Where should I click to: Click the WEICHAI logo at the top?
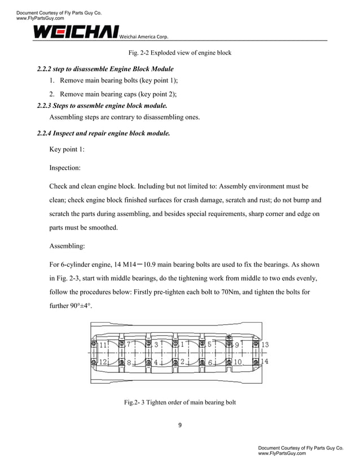[76, 32]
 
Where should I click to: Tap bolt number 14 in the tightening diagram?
[265, 361]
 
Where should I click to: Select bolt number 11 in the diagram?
[103, 345]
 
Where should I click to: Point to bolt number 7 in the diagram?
[129, 344]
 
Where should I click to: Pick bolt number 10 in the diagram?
[238, 362]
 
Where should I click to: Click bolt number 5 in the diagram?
[209, 344]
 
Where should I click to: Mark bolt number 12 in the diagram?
[103, 362]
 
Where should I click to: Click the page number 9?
[180, 425]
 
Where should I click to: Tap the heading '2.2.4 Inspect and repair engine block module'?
[103, 134]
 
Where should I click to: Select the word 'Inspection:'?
[65, 168]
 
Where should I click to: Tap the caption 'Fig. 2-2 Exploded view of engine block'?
[179, 53]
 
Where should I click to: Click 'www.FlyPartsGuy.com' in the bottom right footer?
[282, 453]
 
